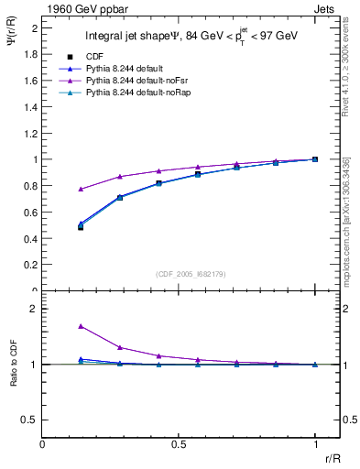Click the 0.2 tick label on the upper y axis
coord(29,265)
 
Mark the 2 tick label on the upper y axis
coord(34,28)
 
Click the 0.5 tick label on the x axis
coord(178,444)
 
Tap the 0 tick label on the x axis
coord(43,444)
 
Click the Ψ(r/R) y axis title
coord(12,41)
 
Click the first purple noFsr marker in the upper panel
coord(81,189)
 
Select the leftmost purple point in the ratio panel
coord(81,325)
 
